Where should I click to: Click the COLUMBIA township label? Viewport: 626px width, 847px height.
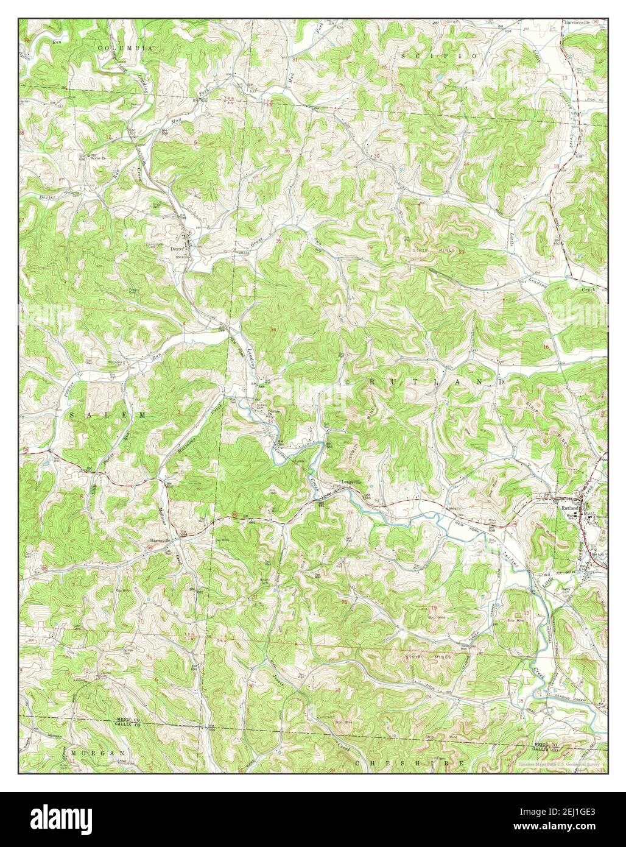127,47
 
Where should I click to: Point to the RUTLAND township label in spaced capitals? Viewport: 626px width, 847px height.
437,381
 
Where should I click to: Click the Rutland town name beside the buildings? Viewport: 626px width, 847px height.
569,507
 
